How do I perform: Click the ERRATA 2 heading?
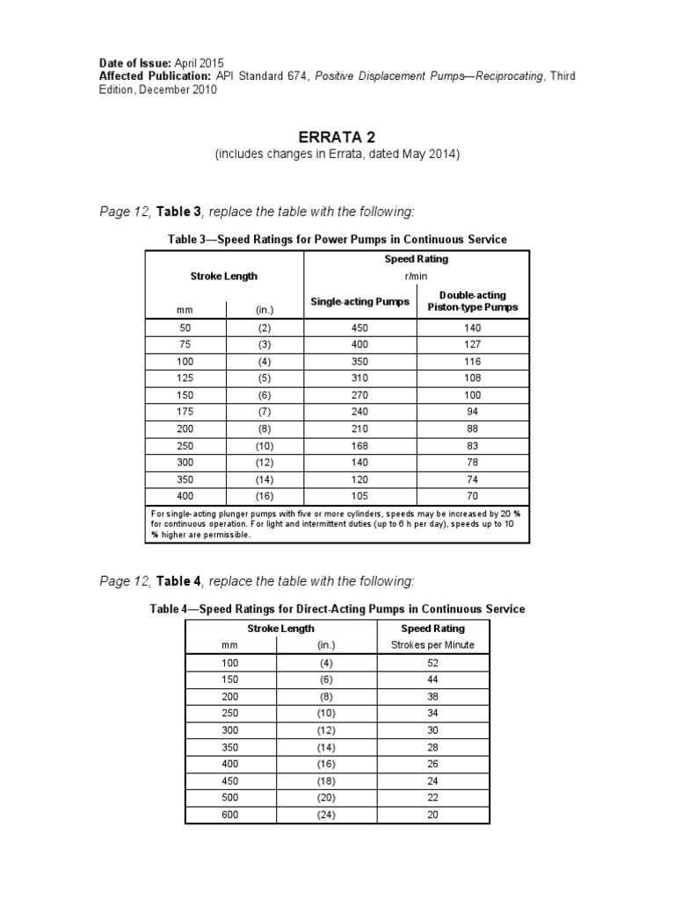(337, 137)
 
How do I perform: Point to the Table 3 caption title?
(337, 239)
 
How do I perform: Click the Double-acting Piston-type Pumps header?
(473, 301)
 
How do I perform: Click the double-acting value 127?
(473, 344)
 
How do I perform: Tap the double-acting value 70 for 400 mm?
(473, 496)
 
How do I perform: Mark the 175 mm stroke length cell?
(185, 412)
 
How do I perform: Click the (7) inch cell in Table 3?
(265, 412)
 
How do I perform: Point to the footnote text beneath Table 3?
(337, 524)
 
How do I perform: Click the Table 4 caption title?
(337, 608)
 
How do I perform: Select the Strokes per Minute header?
(432, 645)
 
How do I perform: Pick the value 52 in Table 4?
(432, 663)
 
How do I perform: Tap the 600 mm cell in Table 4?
(230, 814)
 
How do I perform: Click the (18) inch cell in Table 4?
(326, 780)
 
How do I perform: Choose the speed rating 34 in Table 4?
(432, 713)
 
